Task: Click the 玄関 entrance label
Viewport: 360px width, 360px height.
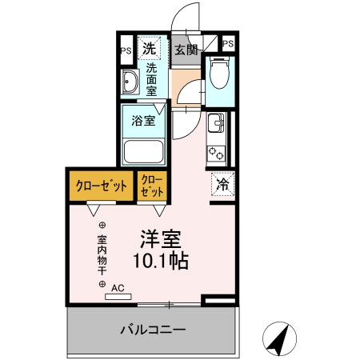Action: (x=186, y=49)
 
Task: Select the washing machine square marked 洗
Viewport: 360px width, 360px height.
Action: (x=149, y=49)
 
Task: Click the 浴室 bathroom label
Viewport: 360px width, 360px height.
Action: (x=143, y=122)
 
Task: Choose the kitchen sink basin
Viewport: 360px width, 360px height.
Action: (x=216, y=125)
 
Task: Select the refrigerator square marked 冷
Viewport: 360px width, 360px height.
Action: (x=222, y=184)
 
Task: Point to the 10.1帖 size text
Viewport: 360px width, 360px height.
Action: (x=161, y=262)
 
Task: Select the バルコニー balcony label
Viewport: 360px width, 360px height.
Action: (x=153, y=329)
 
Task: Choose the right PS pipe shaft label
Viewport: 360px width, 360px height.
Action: (x=229, y=44)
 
